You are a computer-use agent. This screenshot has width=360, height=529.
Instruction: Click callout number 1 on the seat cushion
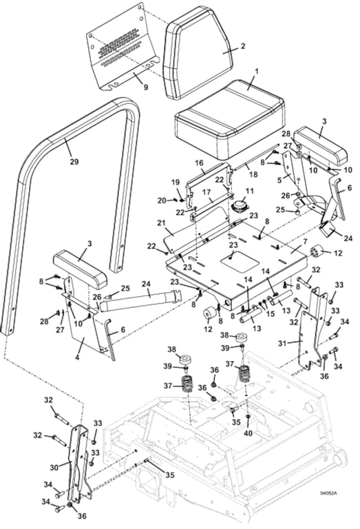[257, 71]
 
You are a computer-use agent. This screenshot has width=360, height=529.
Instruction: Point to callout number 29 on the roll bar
[74, 162]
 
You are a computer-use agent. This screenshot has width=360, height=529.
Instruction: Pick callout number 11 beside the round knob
[249, 190]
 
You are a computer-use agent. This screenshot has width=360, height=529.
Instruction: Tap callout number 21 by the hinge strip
[161, 223]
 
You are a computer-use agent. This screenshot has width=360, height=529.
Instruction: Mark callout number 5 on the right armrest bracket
[279, 181]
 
